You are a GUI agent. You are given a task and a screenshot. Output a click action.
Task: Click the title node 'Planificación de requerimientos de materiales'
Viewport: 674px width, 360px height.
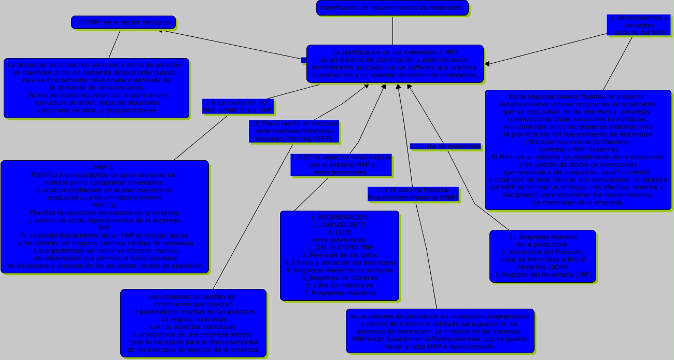pyautogui.click(x=392, y=8)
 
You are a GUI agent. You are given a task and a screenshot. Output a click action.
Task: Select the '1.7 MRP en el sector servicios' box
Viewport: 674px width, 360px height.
pyautogui.click(x=123, y=22)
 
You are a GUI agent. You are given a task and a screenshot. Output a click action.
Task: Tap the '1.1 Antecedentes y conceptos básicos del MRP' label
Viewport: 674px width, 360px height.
pyautogui.click(x=639, y=25)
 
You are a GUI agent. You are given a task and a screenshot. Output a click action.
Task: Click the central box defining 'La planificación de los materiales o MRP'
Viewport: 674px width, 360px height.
pyautogui.click(x=395, y=64)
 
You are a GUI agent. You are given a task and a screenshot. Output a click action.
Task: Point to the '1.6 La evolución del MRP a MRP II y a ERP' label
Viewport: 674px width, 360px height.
pyautogui.click(x=237, y=106)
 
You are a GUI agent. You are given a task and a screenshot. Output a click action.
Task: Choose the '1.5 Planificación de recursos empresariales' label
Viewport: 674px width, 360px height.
pyautogui.click(x=294, y=131)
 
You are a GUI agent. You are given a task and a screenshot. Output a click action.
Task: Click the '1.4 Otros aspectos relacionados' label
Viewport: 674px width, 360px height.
pyautogui.click(x=341, y=164)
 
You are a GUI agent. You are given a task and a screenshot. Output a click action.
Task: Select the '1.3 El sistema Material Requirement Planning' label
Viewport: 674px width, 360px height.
pyautogui.click(x=413, y=193)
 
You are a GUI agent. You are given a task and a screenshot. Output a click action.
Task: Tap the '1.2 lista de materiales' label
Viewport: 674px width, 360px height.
pyautogui.click(x=445, y=146)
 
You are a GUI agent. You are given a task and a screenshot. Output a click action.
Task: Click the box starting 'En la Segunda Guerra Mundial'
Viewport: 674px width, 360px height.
pyautogui.click(x=578, y=149)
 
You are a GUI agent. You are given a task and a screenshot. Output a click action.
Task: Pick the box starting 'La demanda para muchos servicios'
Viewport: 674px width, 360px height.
pyautogui.click(x=97, y=88)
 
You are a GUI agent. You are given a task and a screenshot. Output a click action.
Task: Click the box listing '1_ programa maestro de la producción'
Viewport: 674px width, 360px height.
pyautogui.click(x=542, y=256)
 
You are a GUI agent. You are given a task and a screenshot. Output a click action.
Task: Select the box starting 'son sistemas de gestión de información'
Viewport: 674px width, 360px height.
pyautogui.click(x=193, y=323)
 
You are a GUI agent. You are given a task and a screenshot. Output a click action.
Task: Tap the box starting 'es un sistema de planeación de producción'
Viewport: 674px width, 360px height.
pyautogui.click(x=440, y=331)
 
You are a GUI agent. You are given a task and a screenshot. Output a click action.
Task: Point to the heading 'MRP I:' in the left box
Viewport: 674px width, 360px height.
pyautogui.click(x=104, y=167)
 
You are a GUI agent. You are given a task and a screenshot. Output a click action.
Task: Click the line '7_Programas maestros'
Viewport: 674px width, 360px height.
pyautogui.click(x=340, y=293)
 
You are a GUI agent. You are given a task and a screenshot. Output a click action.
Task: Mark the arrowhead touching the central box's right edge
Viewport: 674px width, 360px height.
pyautogui.click(x=487, y=63)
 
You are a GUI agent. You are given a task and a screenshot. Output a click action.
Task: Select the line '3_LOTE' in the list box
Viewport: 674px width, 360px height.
pyautogui.click(x=340, y=232)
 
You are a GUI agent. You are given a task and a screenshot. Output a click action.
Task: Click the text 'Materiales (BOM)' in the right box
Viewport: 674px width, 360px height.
pyautogui.click(x=542, y=267)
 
